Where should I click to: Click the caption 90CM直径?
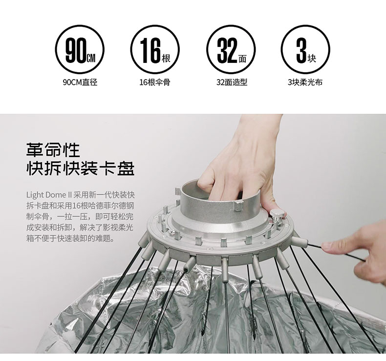pyautogui.click(x=80, y=82)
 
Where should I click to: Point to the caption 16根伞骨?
pyautogui.click(x=155, y=82)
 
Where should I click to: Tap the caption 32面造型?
pyautogui.click(x=232, y=82)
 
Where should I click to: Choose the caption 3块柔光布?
pyautogui.click(x=305, y=82)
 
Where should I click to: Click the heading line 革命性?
pyautogui.click(x=53, y=150)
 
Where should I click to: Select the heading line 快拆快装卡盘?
pyautogui.click(x=80, y=168)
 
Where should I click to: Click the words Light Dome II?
pyautogui.click(x=49, y=195)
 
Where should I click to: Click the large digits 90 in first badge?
pyautogui.click(x=76, y=51)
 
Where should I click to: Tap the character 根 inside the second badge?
pyautogui.click(x=166, y=59)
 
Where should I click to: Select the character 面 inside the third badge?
pyautogui.click(x=242, y=59)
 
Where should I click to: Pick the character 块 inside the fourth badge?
pyautogui.click(x=312, y=59)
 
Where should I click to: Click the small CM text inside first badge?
pyautogui.click(x=91, y=59)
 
